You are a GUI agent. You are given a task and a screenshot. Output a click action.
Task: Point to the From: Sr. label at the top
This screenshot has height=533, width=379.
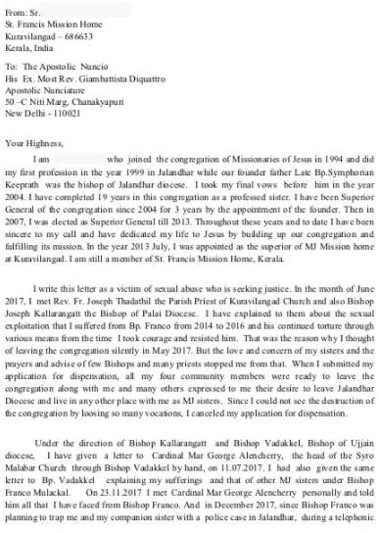20,8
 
